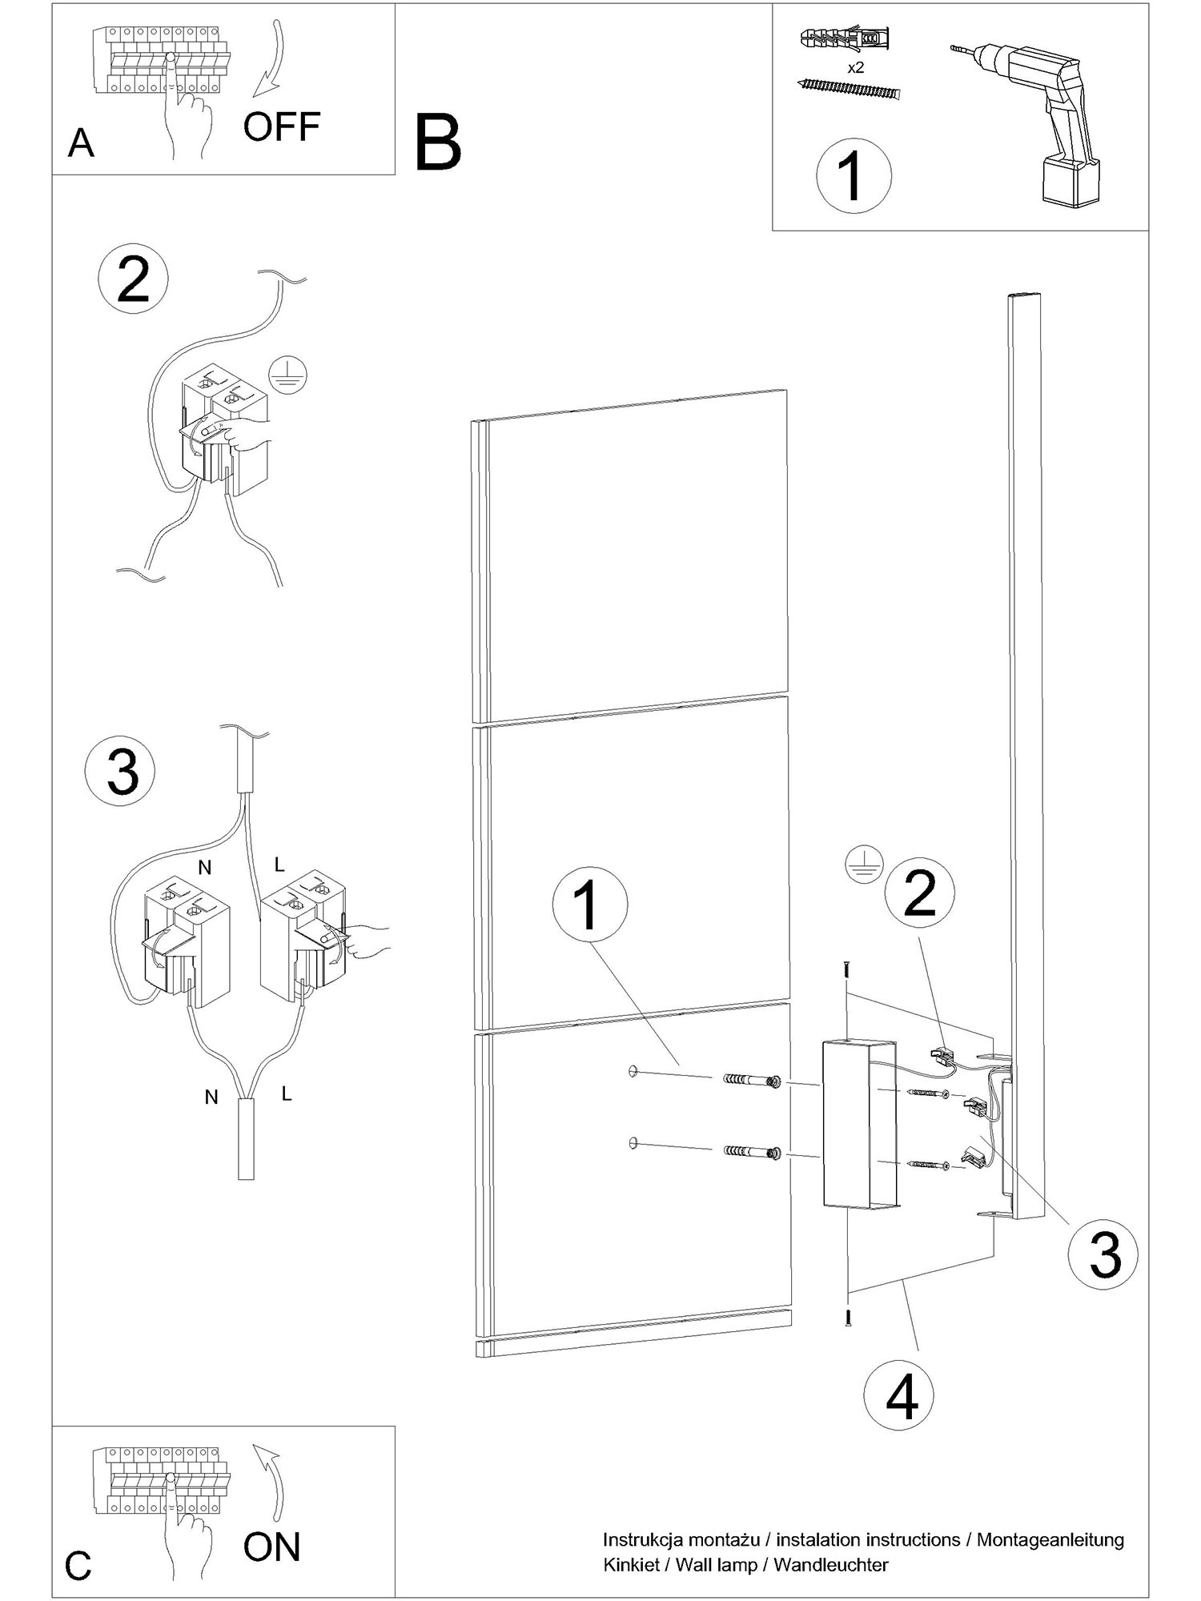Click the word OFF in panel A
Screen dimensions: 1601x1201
tap(282, 126)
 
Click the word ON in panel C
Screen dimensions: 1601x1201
tap(271, 1547)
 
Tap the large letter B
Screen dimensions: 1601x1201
tap(438, 143)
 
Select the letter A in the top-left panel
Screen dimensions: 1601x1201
tap(81, 144)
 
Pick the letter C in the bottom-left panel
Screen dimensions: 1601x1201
tap(78, 1566)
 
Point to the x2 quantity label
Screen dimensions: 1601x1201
tap(856, 68)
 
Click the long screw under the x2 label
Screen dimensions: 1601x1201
tap(850, 89)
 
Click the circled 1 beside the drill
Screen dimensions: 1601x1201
tap(854, 175)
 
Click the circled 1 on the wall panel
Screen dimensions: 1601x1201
tap(589, 904)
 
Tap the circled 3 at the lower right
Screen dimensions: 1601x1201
tap(1104, 1254)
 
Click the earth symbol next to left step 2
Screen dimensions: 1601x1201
tap(287, 374)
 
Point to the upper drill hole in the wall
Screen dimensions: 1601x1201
tap(633, 1070)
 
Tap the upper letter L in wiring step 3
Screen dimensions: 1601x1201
tap(279, 865)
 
